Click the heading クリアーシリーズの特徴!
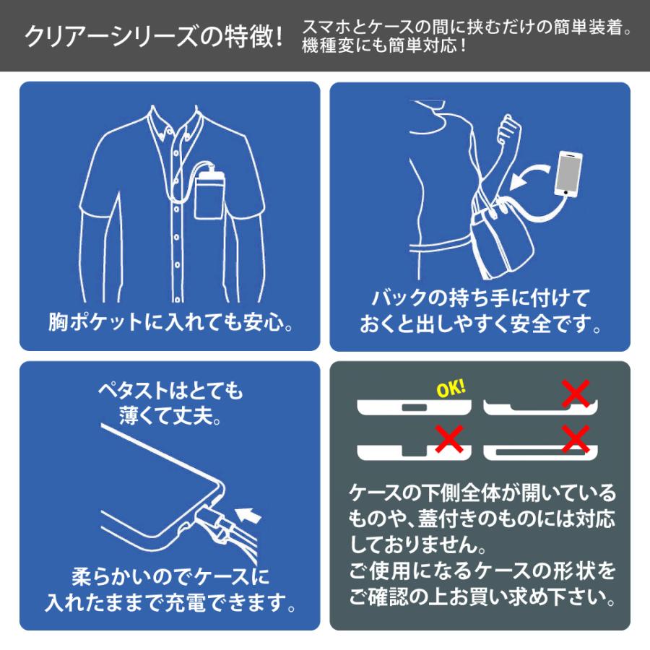point(152,36)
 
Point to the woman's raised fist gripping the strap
point(511,131)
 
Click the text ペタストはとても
point(170,391)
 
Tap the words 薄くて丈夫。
point(170,415)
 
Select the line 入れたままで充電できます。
point(170,602)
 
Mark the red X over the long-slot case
point(576,437)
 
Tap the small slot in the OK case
point(414,408)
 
